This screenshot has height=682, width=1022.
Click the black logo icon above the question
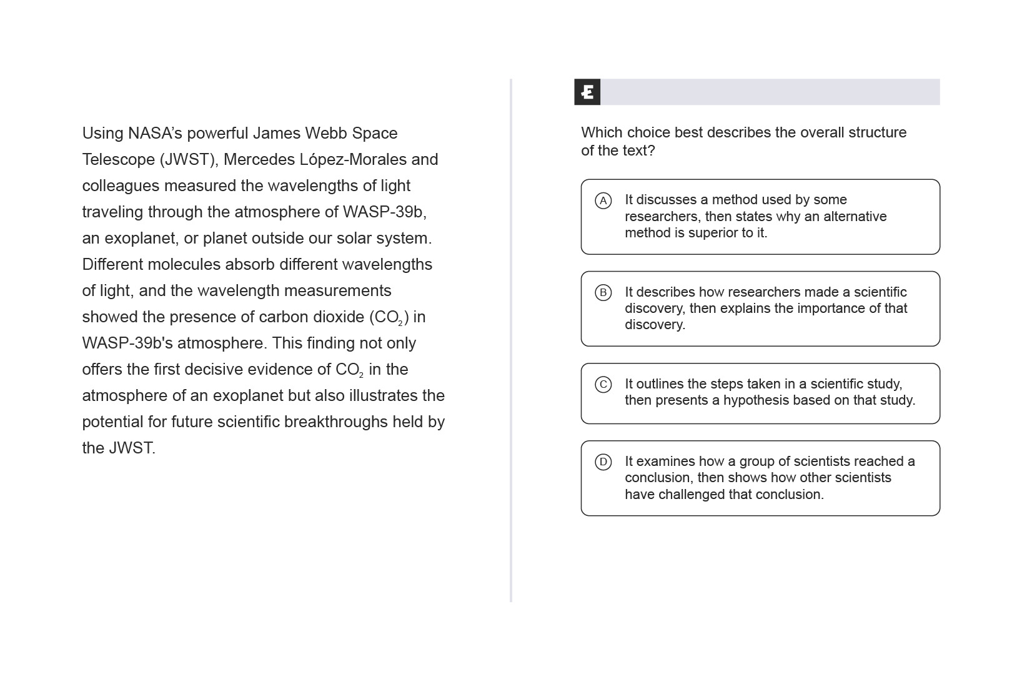587,92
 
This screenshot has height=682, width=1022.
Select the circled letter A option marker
603,200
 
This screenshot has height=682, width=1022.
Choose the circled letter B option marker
603,292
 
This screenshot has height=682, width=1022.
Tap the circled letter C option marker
603,384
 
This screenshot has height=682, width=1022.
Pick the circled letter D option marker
603,462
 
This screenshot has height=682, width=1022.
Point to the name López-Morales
353,159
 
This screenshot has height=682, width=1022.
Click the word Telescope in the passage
119,159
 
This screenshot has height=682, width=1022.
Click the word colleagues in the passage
118,185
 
